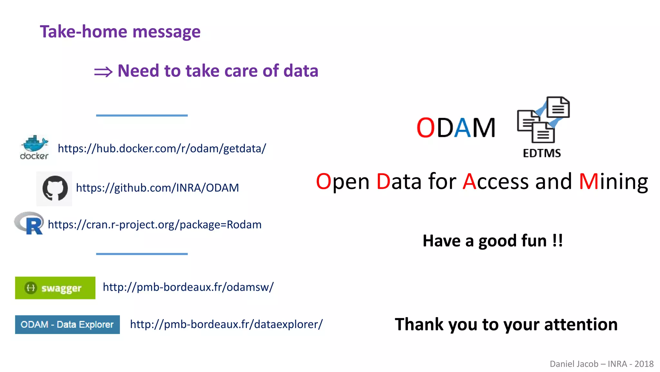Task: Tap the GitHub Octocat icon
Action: [x=55, y=188]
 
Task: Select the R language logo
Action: [x=30, y=223]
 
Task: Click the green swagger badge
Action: [x=55, y=288]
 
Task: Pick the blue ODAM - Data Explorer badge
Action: [x=67, y=324]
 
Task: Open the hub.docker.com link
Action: [x=162, y=149]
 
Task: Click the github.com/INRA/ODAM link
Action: [x=157, y=188]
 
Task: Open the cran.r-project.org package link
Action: [x=154, y=224]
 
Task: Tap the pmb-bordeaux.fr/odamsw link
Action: [x=188, y=287]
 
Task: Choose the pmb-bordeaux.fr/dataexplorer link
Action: [x=226, y=324]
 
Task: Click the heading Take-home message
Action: [x=120, y=32]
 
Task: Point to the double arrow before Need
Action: [x=103, y=72]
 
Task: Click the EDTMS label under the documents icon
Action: [x=542, y=153]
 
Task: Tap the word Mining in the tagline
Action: [x=613, y=181]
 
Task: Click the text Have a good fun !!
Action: [x=492, y=241]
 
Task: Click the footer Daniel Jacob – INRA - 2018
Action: [x=601, y=364]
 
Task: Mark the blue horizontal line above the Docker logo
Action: [x=142, y=115]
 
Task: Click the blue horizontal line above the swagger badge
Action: [x=142, y=254]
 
